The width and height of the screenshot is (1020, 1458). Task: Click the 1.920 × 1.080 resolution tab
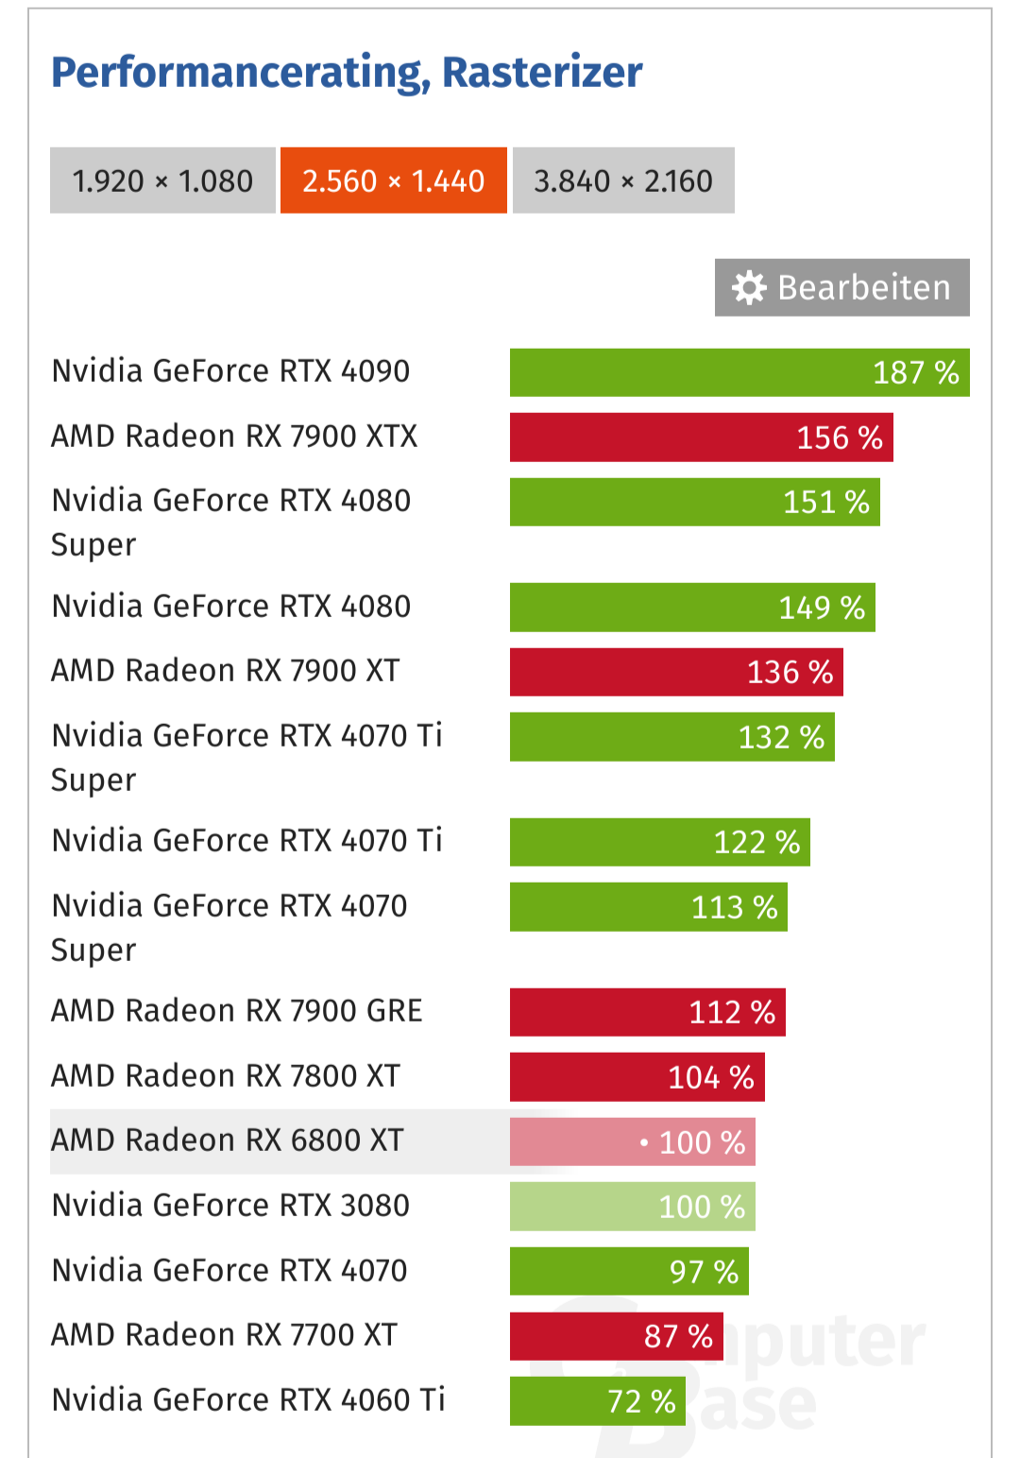coord(162,180)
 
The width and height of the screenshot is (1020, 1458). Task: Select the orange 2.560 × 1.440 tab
coord(394,180)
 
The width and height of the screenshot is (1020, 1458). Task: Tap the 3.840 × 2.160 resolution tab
coord(623,180)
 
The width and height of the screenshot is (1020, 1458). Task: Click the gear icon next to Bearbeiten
coord(749,287)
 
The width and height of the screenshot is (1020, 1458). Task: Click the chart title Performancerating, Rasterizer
coord(347,73)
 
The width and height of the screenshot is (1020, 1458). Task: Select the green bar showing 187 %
coord(739,372)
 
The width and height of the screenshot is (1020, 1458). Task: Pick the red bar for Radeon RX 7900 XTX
coord(701,437)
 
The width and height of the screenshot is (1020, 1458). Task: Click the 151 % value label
coord(825,502)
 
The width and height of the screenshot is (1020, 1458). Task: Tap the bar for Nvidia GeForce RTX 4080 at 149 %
coord(692,607)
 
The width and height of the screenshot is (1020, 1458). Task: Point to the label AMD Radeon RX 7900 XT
coord(226,671)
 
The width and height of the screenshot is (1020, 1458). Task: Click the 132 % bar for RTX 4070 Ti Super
coord(671,737)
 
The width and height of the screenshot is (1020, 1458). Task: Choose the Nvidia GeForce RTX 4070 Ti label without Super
coord(247,841)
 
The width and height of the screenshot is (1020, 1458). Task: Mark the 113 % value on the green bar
coord(734,907)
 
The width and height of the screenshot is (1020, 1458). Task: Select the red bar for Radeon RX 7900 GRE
coord(647,1012)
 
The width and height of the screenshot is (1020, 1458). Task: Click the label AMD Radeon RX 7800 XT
coord(226,1076)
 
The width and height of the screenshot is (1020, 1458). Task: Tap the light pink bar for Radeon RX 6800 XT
coord(632,1141)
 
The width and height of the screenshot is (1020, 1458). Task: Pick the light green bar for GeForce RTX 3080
coord(632,1207)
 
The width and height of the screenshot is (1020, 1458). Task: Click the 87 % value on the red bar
coord(678,1336)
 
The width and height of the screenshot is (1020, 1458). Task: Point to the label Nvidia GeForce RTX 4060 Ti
coord(248,1399)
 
